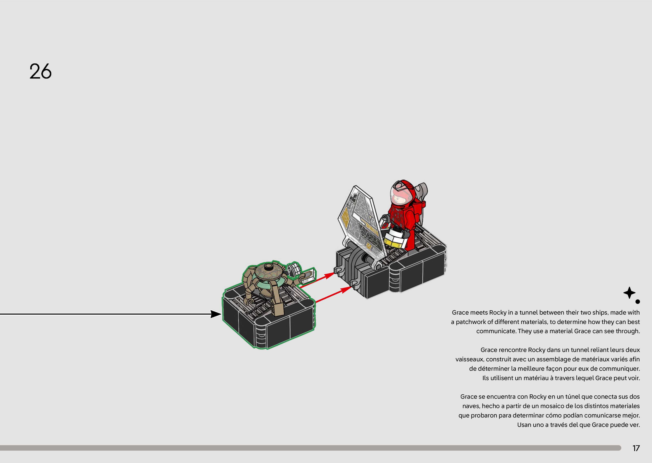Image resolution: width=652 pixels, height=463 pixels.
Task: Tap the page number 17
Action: coord(636,448)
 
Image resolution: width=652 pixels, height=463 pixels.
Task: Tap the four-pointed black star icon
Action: coord(629,293)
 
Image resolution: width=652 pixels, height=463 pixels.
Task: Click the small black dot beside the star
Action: coord(638,302)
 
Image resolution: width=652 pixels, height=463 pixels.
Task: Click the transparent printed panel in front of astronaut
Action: coord(361,219)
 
